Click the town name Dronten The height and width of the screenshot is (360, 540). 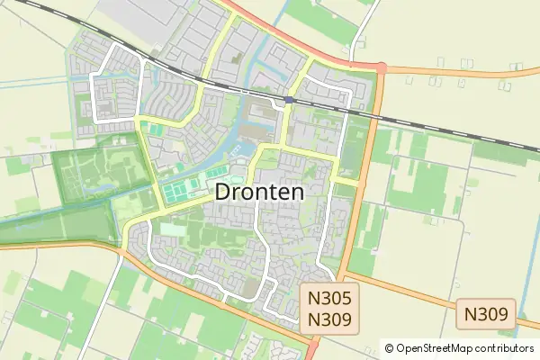pos(259,192)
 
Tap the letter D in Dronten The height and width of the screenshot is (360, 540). pos(223,192)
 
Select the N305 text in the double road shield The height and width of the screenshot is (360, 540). pos(328,298)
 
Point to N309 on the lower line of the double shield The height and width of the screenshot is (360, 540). pos(328,319)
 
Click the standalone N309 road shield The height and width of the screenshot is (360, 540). pos(485,315)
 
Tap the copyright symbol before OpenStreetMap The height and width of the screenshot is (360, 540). pos(389,348)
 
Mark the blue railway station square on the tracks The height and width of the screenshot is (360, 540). pos(288,99)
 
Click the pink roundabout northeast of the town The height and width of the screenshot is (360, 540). pos(381,67)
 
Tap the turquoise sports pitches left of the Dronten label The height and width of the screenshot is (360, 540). pos(185,190)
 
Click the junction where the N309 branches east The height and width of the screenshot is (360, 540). pos(344,273)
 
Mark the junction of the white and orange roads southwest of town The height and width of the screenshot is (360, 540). pos(120,253)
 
